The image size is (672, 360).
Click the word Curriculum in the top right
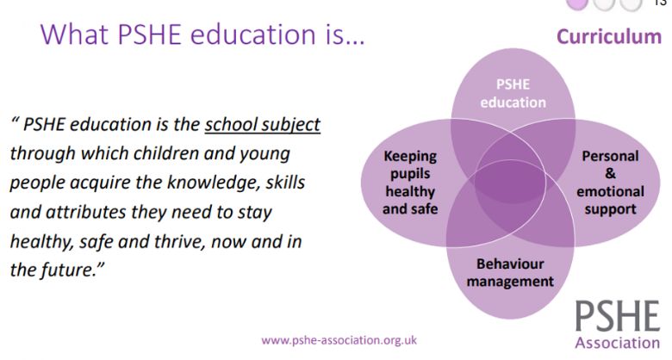(608, 37)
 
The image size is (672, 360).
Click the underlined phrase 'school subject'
(262, 124)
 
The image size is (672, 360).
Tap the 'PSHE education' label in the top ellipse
(513, 94)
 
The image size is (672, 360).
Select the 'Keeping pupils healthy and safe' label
(411, 182)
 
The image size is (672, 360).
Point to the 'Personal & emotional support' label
(610, 183)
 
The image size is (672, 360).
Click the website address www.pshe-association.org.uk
(339, 339)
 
